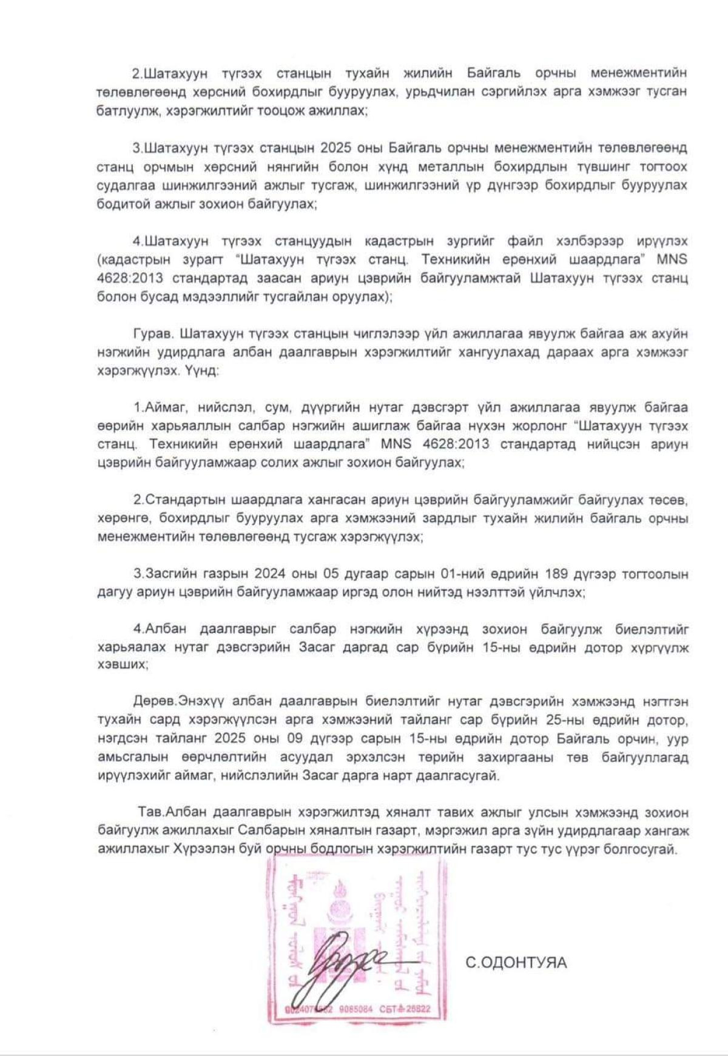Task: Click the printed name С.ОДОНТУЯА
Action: click(x=516, y=962)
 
